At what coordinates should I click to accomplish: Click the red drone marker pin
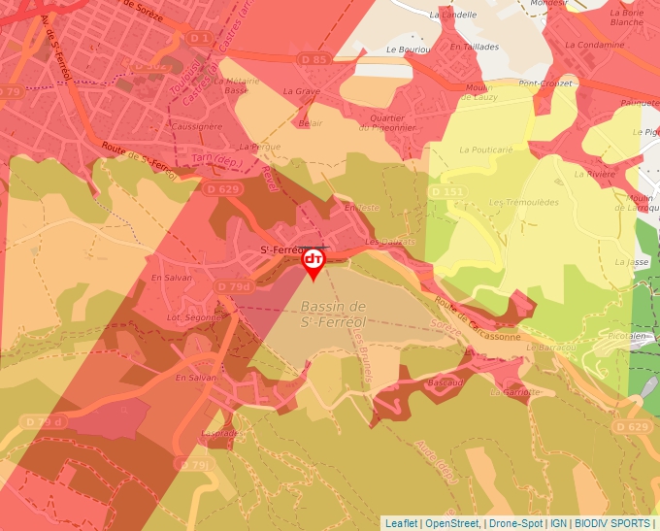[313, 262]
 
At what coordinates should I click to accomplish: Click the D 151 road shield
[446, 192]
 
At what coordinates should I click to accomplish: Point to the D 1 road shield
[200, 38]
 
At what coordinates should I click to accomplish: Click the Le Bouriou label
[407, 49]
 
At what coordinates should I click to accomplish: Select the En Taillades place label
[475, 47]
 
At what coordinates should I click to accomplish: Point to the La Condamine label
[595, 45]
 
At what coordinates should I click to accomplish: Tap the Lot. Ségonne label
[188, 317]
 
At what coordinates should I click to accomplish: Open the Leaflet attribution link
[401, 522]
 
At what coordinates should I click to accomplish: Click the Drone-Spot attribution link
[516, 522]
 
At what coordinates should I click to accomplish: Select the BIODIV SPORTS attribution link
[612, 522]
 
